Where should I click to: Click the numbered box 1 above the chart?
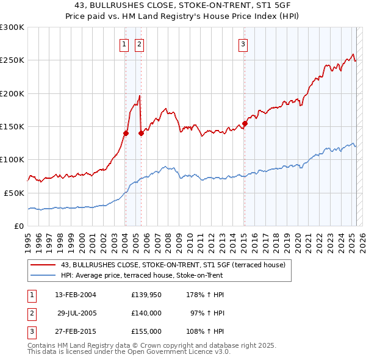point(124,44)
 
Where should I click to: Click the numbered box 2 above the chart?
point(139,44)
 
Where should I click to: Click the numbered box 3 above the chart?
point(243,44)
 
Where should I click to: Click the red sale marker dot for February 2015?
point(245,123)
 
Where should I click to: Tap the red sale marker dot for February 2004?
point(126,133)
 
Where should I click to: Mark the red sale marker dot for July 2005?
point(141,133)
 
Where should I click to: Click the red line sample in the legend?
point(43,265)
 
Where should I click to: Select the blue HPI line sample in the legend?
point(43,275)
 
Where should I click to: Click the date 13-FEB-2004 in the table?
point(76,295)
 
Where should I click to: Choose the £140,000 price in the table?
point(146,313)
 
